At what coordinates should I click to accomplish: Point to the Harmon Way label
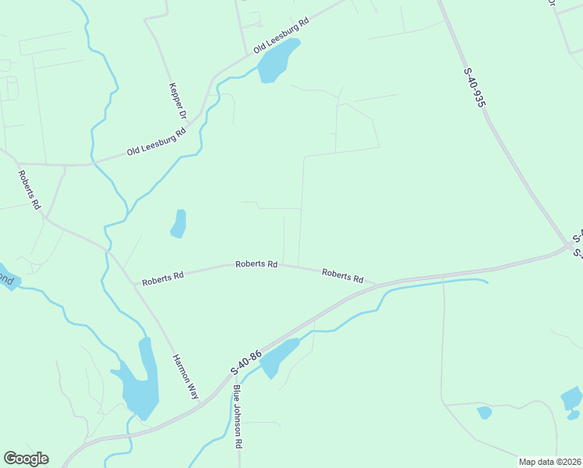click(x=185, y=377)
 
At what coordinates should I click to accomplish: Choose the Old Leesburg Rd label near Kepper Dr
click(x=157, y=143)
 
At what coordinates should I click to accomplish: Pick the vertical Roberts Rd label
click(x=30, y=190)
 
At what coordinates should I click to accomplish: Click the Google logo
click(x=26, y=459)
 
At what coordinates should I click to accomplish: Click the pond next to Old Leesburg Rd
click(x=277, y=62)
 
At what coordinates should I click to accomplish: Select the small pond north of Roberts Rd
click(x=178, y=224)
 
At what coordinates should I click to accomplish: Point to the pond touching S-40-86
click(x=277, y=357)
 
